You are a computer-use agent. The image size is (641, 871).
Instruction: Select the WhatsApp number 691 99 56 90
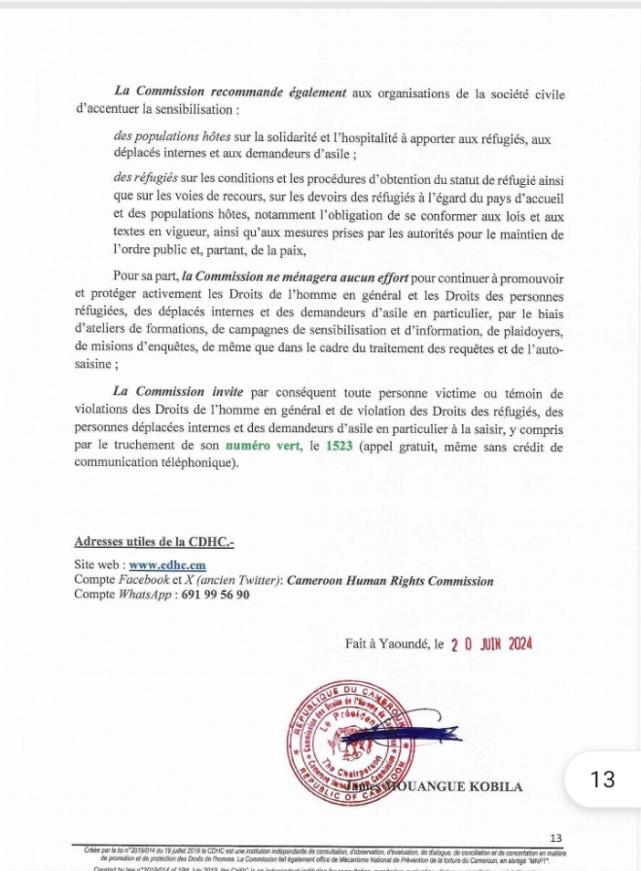(x=214, y=595)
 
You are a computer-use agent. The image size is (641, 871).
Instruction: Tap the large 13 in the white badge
(x=603, y=779)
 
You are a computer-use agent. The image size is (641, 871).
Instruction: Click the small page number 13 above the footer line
(x=555, y=837)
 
